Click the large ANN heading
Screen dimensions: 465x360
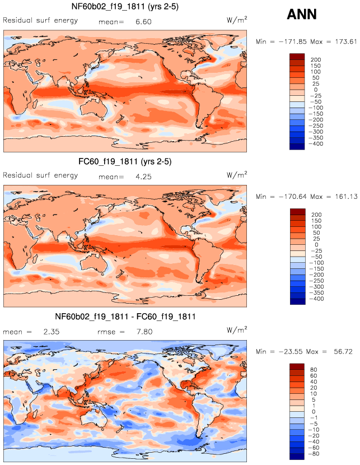click(x=302, y=15)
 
